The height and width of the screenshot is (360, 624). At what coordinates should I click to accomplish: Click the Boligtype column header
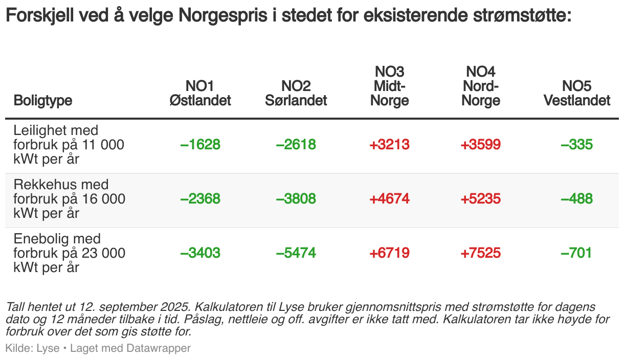43,100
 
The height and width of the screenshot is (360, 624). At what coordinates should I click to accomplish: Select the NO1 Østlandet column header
200,93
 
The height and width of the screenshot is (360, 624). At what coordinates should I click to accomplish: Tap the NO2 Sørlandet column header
296,93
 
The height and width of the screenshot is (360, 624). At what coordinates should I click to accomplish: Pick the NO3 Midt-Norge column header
390,86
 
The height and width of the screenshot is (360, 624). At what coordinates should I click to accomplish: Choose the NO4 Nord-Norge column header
480,86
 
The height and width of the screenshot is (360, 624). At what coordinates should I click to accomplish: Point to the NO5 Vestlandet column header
577,93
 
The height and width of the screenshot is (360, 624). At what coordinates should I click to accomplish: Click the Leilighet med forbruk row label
69,145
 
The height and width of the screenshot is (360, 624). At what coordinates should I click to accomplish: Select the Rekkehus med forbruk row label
69,199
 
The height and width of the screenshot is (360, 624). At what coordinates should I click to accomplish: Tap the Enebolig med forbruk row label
69,253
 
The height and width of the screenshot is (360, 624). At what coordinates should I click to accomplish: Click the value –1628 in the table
200,145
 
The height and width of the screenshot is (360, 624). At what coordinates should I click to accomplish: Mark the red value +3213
390,145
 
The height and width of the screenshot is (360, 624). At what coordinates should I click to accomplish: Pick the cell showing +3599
480,145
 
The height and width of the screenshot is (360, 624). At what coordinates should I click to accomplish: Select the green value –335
576,145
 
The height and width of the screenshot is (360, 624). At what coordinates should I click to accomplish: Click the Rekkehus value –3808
296,199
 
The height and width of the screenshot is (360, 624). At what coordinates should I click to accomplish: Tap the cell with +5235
480,199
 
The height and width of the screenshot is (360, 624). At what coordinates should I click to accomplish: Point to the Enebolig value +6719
390,253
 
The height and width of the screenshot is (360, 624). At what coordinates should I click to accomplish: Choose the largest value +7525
480,253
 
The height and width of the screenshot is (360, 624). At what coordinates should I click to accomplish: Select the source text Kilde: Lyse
32,348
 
